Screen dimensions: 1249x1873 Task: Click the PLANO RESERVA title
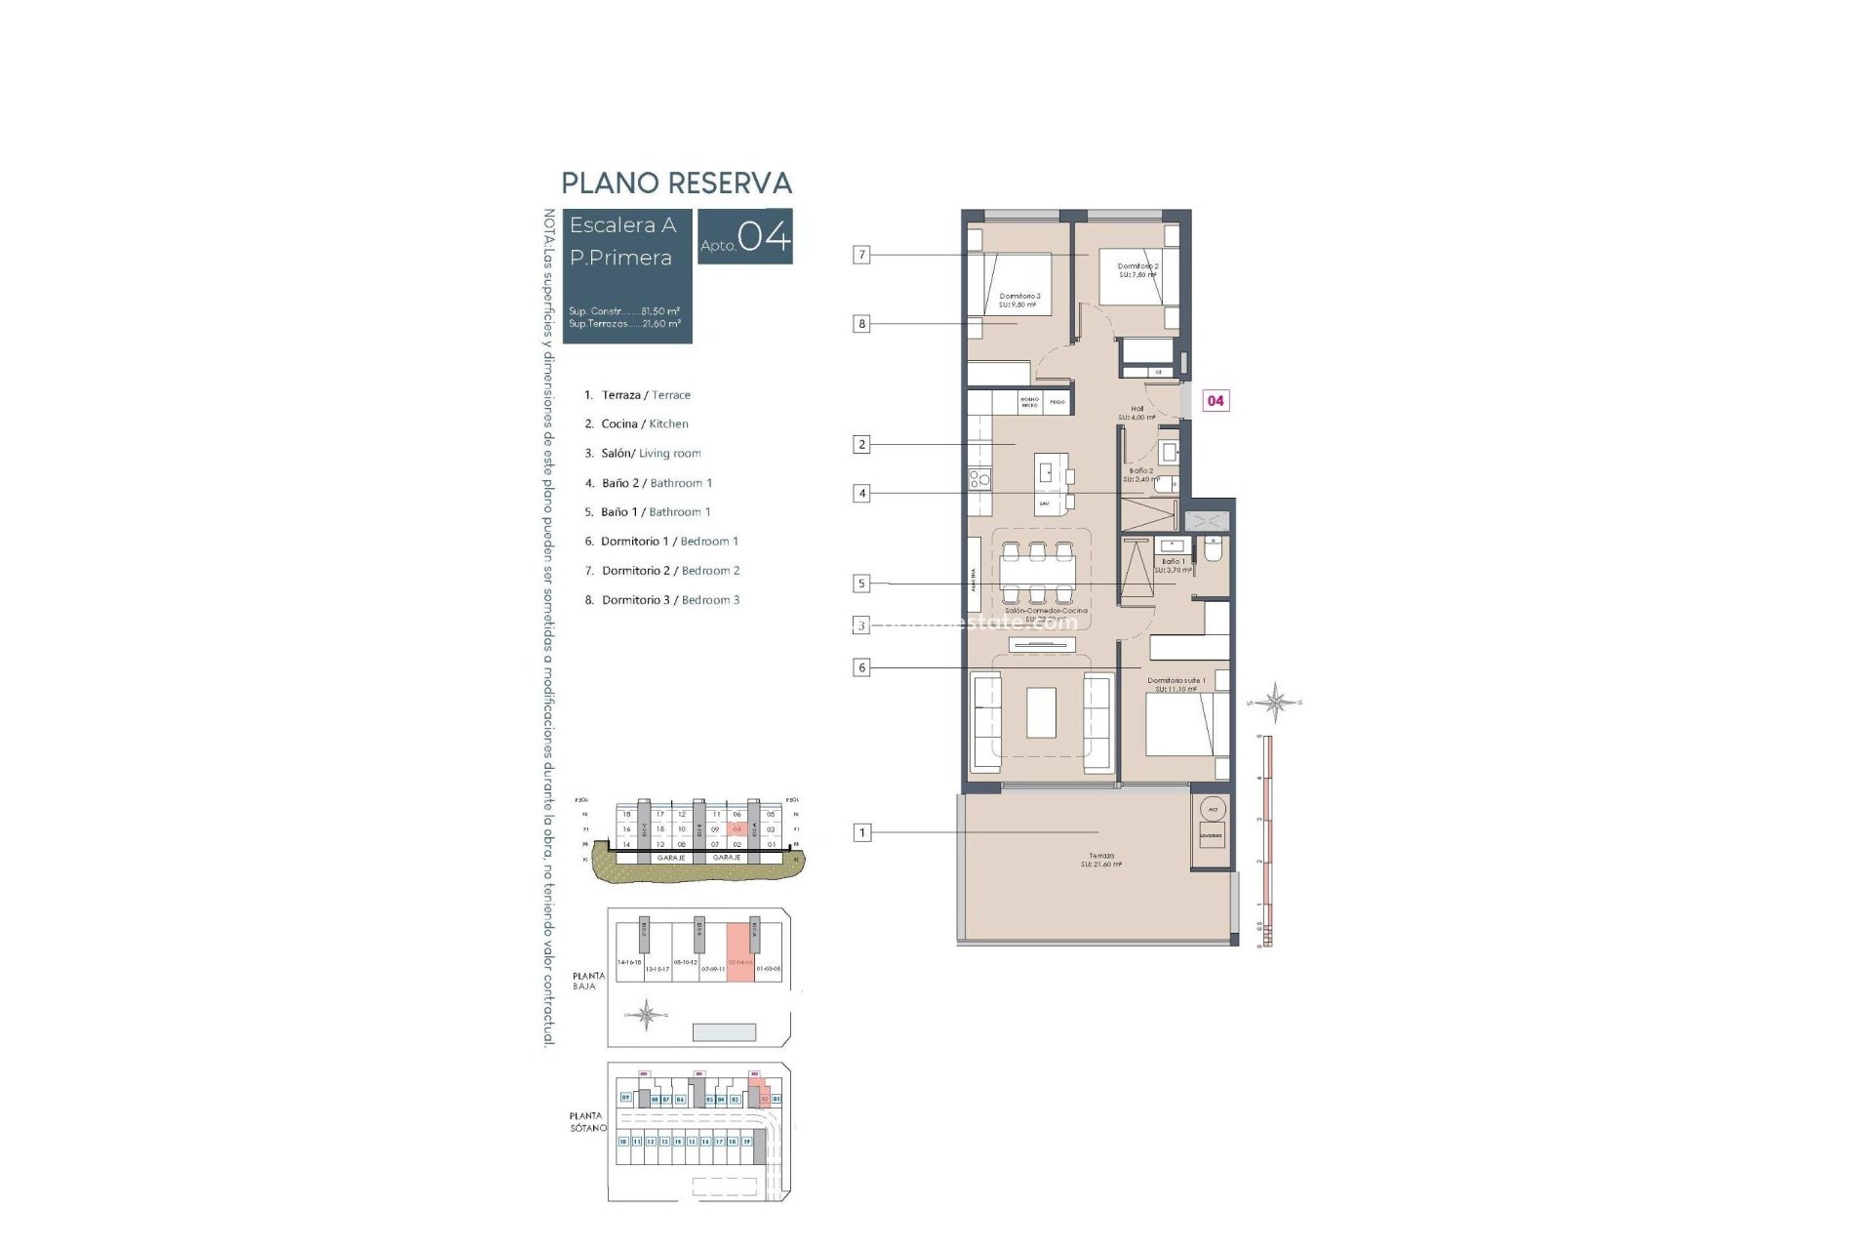[676, 182]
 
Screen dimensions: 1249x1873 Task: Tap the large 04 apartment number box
[745, 236]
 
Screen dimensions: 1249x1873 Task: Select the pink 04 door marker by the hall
[1215, 400]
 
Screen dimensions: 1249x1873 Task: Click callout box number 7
[861, 255]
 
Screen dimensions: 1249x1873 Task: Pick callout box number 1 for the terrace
[861, 832]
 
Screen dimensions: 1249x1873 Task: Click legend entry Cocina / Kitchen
[644, 423]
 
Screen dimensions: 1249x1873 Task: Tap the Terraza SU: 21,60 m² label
[1101, 860]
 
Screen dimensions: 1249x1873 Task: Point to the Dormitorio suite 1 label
[1176, 684]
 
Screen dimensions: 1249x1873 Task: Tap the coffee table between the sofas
[1041, 712]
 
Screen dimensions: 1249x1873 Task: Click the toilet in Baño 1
[1214, 550]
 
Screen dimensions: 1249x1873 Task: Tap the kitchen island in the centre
[1051, 484]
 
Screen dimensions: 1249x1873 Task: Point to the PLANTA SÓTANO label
[587, 1121]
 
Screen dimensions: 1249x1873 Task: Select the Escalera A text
[622, 225]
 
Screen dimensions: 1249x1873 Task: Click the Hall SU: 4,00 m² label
[1136, 413]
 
